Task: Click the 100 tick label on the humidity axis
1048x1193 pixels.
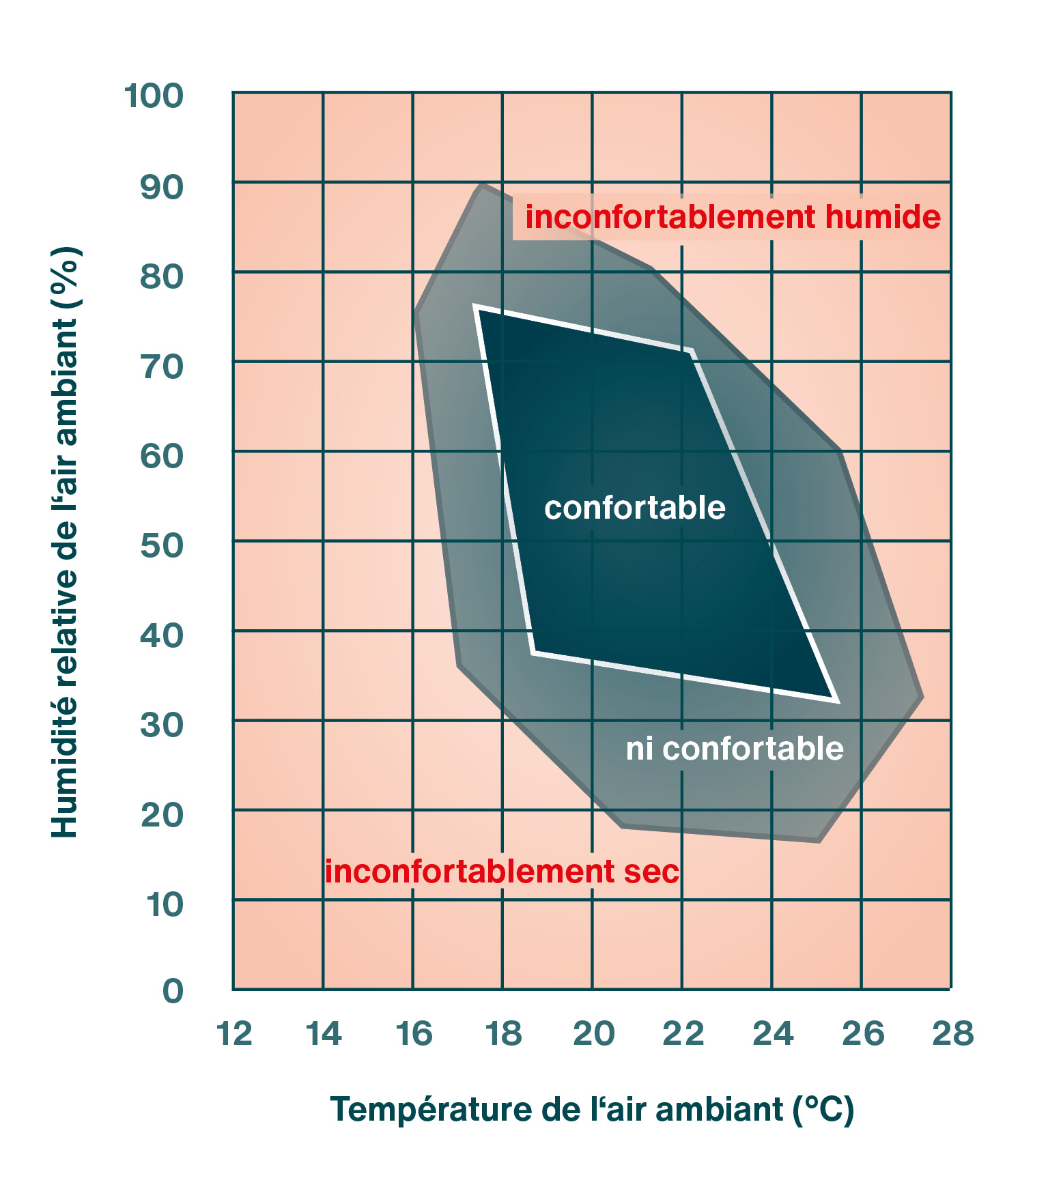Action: [x=154, y=96]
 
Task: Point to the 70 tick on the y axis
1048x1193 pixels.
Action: [x=162, y=366]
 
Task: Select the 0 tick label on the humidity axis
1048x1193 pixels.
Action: [x=173, y=990]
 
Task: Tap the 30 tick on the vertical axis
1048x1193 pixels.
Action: [x=162, y=725]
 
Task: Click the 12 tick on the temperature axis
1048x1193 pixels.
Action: [x=234, y=1033]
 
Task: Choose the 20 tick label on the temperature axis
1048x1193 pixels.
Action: [x=593, y=1033]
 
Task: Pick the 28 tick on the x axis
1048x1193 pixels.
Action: [x=953, y=1033]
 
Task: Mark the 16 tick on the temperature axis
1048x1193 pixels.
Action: [x=414, y=1033]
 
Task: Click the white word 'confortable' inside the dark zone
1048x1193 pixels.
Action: [x=634, y=508]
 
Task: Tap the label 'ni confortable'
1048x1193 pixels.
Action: [x=735, y=749]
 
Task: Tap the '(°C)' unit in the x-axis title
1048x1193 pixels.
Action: [x=823, y=1109]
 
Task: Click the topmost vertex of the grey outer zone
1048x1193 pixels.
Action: [x=481, y=184]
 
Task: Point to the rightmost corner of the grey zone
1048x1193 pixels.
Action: [x=923, y=698]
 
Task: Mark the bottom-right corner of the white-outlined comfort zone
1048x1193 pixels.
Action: [x=836, y=700]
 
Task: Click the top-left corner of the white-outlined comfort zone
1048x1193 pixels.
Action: [x=476, y=308]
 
